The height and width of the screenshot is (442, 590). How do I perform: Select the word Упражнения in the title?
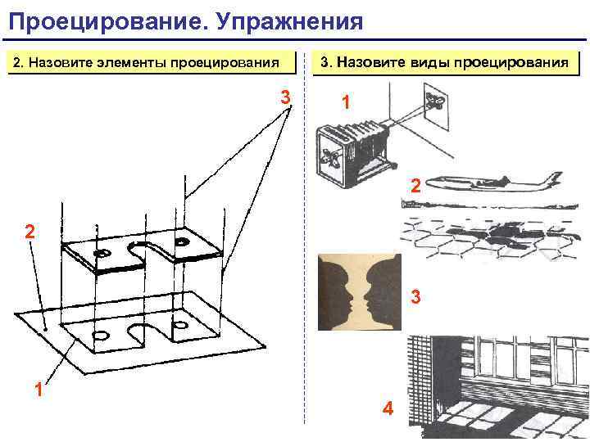click(x=290, y=21)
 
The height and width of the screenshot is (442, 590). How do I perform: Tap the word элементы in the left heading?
click(x=132, y=62)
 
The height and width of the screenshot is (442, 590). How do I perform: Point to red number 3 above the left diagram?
click(x=286, y=97)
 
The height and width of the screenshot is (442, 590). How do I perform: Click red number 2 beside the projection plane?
click(x=30, y=231)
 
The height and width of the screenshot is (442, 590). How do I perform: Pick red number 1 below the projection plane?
click(x=39, y=389)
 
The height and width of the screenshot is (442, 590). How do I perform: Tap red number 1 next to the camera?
click(x=346, y=102)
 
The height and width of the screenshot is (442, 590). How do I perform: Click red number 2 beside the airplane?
click(x=415, y=186)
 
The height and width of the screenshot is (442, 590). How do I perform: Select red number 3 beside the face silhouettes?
click(x=415, y=296)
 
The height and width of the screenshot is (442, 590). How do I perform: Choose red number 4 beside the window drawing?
click(x=388, y=408)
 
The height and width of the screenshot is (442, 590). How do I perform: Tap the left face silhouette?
click(x=335, y=292)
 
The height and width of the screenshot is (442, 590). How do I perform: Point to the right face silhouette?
click(x=383, y=292)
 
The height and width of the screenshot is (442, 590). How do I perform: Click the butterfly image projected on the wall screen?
click(x=435, y=101)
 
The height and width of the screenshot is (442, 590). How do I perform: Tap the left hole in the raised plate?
click(x=102, y=253)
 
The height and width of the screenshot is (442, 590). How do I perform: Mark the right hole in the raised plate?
click(x=182, y=241)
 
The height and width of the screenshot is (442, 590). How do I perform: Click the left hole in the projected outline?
click(x=101, y=336)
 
